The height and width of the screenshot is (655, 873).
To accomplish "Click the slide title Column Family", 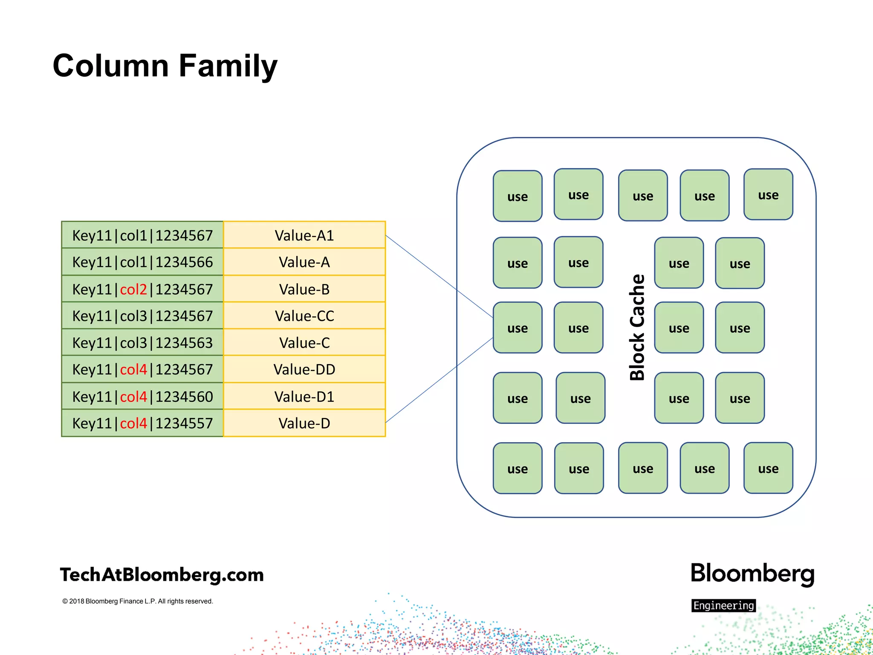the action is pos(165,66).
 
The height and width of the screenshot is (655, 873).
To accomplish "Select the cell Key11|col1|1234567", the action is pos(142,235).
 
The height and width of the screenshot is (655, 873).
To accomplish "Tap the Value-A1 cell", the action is pos(304,235).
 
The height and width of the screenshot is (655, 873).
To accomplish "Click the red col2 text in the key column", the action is pos(133,290).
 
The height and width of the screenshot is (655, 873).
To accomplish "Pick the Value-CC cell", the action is pos(304,316).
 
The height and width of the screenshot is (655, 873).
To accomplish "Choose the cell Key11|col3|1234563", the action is pos(142,343).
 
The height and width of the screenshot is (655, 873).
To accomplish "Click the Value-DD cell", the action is pos(304,369).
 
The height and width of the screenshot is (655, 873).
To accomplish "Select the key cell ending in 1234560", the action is pos(142,397).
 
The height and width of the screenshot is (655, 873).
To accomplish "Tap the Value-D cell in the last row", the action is pos(304,423).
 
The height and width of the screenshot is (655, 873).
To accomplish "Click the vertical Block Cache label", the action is pos(637,327).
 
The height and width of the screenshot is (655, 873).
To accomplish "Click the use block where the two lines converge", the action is pos(517,328).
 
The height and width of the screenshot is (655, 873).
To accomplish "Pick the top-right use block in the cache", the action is pos(768,195).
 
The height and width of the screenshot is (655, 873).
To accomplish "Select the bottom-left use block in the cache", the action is pos(517,469).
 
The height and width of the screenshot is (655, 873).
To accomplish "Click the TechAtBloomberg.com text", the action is pos(162,575).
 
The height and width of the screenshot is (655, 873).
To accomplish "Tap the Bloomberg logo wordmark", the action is pos(752,574).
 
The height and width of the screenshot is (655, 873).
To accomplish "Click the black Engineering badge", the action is pos(723,606).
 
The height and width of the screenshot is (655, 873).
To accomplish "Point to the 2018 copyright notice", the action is pos(138,601).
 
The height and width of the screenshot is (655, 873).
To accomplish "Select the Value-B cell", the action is pos(304,290).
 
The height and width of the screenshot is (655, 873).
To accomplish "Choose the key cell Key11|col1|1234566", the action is pos(142,262).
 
